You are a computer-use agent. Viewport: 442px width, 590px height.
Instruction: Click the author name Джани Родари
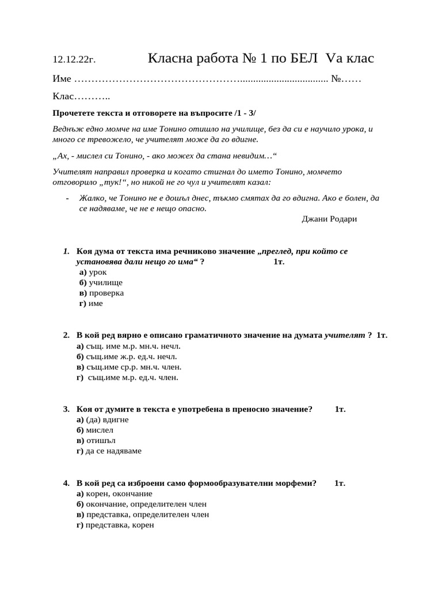(x=329, y=219)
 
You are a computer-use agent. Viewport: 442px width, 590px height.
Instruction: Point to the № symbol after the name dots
(x=337, y=78)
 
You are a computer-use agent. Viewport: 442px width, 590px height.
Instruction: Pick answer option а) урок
(x=93, y=272)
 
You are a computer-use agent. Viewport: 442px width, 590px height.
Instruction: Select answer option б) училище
(x=101, y=282)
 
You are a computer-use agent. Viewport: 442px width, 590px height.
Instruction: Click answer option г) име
(x=91, y=303)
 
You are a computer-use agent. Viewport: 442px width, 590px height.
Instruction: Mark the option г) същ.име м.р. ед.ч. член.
(x=128, y=377)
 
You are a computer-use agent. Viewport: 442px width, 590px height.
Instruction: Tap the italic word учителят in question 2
(x=345, y=335)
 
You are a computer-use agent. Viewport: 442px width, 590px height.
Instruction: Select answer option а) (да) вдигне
(x=102, y=419)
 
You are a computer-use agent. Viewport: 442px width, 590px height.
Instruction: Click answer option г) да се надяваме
(x=109, y=451)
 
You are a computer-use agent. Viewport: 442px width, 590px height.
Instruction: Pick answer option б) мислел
(x=95, y=430)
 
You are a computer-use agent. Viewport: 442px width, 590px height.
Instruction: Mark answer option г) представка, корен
(x=115, y=525)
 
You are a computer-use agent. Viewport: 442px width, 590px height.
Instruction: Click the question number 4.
(x=66, y=483)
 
